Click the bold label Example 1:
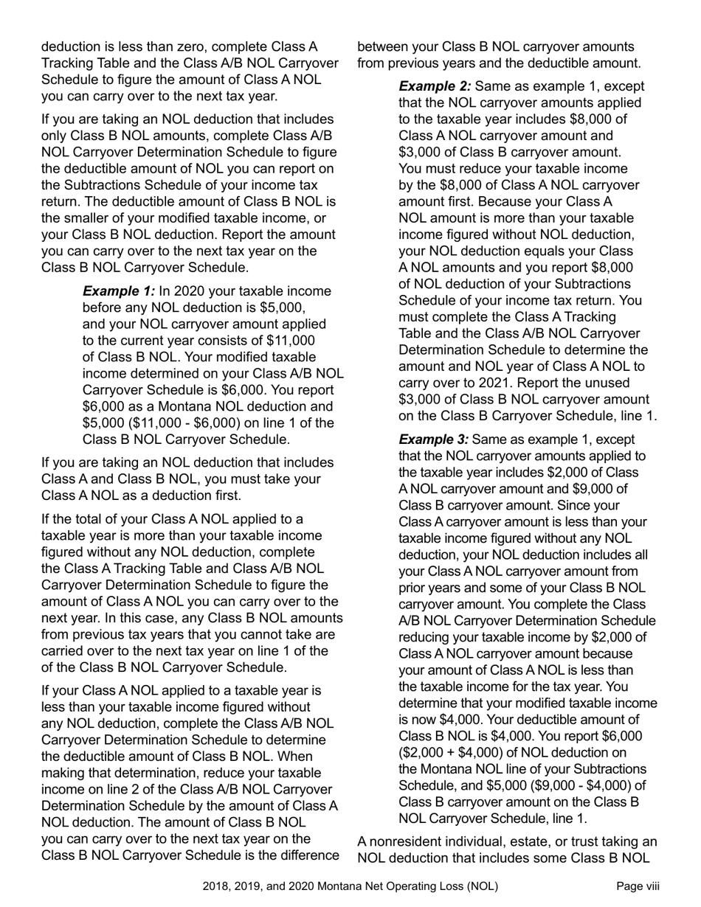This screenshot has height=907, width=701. point(119,291)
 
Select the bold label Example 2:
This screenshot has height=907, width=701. point(435,86)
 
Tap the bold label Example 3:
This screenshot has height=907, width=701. point(435,439)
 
